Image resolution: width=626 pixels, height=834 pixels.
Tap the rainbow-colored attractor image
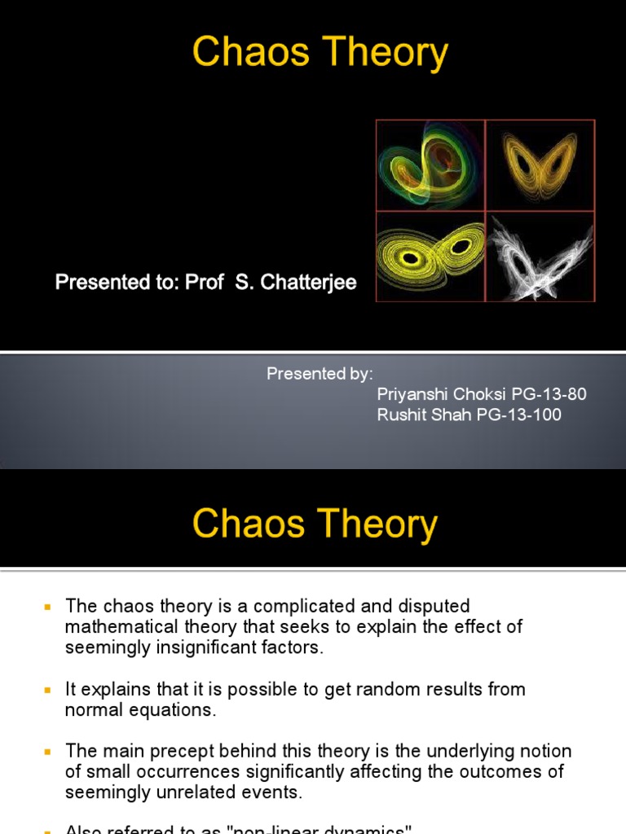coord(430,165)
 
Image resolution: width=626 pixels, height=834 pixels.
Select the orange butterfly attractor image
coord(540,165)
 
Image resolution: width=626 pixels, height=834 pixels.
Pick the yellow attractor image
coord(430,257)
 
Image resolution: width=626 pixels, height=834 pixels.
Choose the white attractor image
coord(540,257)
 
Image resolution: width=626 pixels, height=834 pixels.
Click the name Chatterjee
coord(311,284)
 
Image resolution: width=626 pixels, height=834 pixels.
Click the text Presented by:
coord(320,374)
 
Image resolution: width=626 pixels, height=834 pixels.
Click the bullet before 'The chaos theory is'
coord(46,607)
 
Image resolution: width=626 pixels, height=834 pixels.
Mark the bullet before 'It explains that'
coord(46,690)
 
